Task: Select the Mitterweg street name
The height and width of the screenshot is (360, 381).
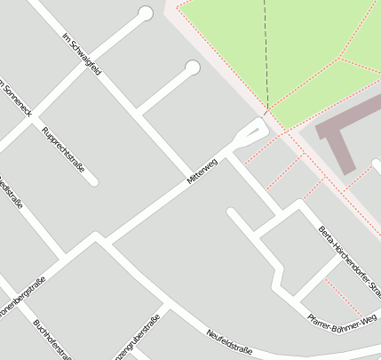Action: point(202,171)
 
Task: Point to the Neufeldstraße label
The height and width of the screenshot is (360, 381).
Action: point(229,341)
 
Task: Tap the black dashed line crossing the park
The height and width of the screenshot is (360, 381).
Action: point(265,53)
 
